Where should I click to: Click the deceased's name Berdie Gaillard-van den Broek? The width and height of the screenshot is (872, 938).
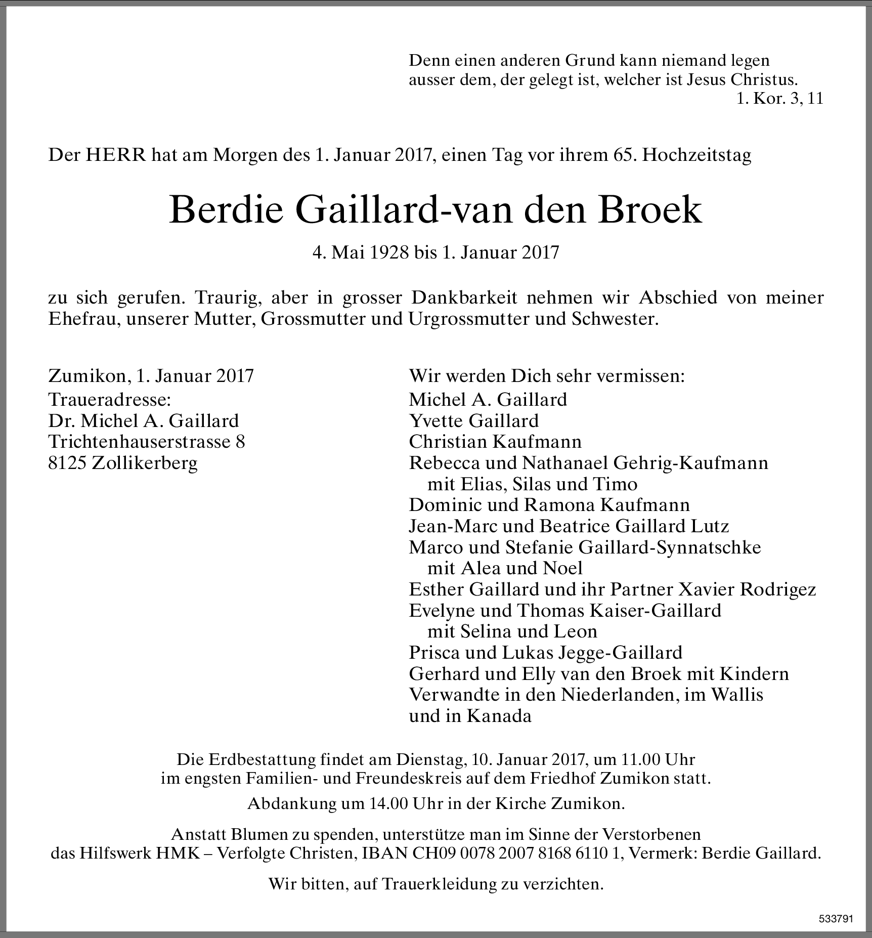click(x=435, y=210)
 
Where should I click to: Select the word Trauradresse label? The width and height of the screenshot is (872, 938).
click(x=110, y=400)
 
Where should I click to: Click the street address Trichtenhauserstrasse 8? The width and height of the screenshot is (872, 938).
click(x=147, y=442)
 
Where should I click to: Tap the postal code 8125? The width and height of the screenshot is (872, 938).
click(x=68, y=463)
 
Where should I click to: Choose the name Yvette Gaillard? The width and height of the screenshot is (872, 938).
click(x=473, y=421)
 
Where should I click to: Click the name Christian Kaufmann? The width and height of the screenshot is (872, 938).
click(x=495, y=442)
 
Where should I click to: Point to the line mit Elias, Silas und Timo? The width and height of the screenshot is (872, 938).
click(x=532, y=484)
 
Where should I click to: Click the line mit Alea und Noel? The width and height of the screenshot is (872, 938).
click(x=505, y=568)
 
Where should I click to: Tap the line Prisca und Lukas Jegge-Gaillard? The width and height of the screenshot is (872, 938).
click(x=545, y=653)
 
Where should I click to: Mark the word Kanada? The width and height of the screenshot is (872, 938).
click(x=499, y=716)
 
